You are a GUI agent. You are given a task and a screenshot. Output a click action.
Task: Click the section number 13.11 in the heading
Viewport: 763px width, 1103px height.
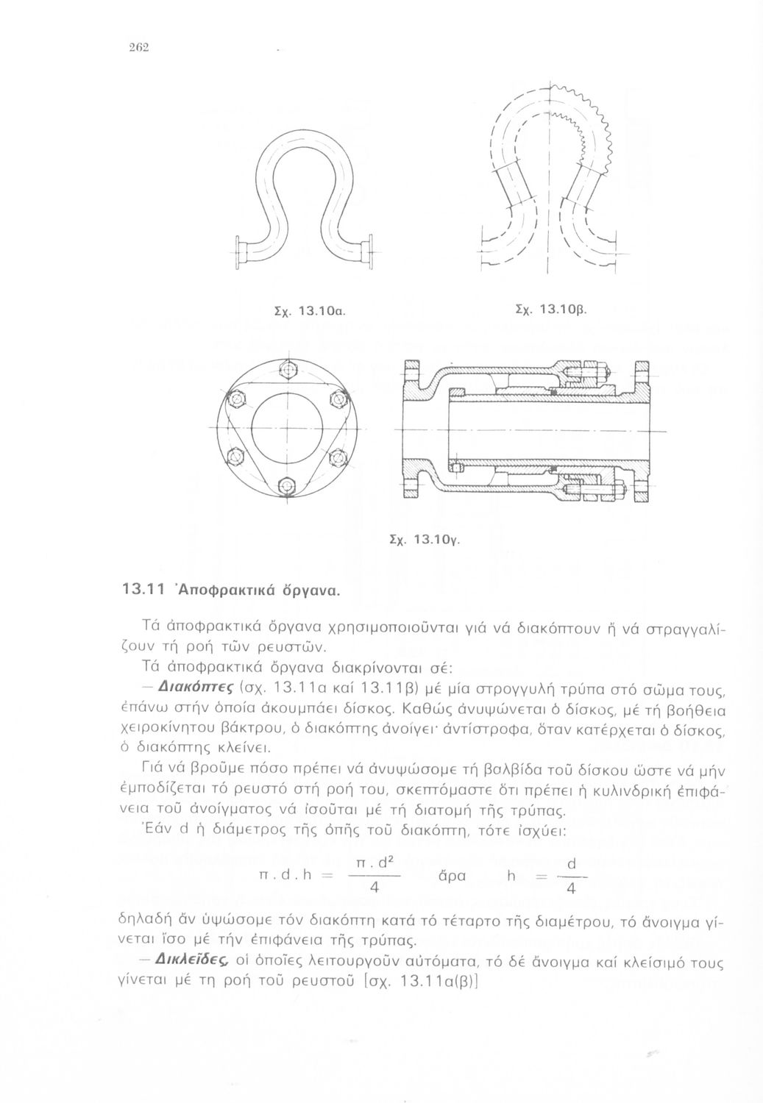[x=137, y=590]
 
